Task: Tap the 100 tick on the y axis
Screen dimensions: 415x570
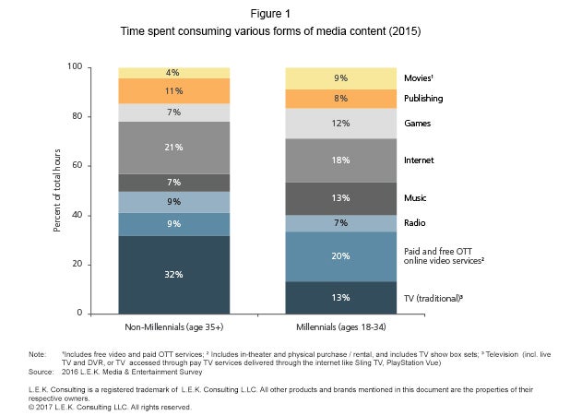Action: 77,67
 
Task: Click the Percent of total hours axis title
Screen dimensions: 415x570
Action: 57,190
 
